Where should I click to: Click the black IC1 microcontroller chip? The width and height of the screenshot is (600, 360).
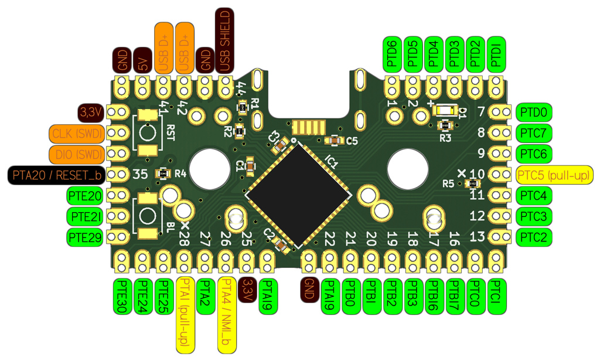tap(298, 194)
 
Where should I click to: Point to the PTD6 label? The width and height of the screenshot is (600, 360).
tap(393, 55)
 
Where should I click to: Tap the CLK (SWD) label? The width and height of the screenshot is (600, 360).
tap(77, 133)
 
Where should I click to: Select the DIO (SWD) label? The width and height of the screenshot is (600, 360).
tap(77, 154)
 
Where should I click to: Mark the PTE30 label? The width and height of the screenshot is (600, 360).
tap(122, 296)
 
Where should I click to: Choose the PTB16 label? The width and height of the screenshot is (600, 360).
tap(434, 296)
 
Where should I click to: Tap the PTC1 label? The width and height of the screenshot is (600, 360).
tap(496, 296)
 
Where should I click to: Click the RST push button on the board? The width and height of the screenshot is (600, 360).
tap(147, 133)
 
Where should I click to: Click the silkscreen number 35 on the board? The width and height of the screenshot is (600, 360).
tap(140, 174)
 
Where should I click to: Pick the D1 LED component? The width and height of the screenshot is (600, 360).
tap(446, 110)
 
